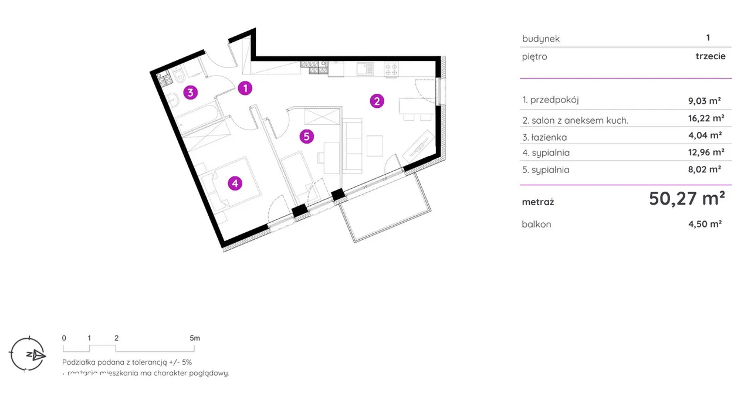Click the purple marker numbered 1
click(x=245, y=89)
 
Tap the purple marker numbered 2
click(x=377, y=101)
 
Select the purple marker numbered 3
click(x=190, y=92)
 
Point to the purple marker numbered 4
click(x=235, y=184)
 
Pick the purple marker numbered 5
click(x=306, y=137)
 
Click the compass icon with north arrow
click(x=28, y=354)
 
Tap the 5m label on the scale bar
click(x=195, y=338)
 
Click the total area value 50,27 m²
click(x=686, y=199)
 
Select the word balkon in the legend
click(x=536, y=224)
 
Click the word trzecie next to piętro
click(x=710, y=56)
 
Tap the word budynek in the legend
click(x=540, y=39)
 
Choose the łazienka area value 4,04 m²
click(x=706, y=135)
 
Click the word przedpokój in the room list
click(x=554, y=100)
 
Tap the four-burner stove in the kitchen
click(x=391, y=70)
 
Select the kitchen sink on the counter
click(x=365, y=69)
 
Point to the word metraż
click(x=537, y=202)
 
